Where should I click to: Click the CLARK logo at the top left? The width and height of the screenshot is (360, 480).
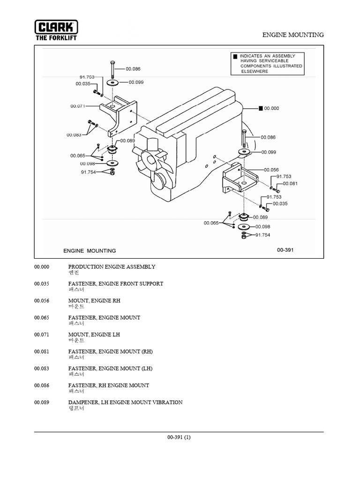(56, 26)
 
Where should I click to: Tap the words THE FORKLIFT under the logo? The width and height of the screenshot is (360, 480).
(56, 37)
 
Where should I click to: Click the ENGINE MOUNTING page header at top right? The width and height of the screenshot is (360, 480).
(293, 35)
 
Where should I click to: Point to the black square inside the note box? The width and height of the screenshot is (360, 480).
(235, 57)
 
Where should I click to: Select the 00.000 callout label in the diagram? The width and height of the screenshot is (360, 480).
(271, 108)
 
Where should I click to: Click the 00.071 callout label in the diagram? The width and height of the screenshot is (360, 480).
(78, 106)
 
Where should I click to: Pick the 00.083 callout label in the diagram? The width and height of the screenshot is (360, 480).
(74, 135)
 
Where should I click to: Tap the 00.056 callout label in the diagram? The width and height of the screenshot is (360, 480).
(271, 170)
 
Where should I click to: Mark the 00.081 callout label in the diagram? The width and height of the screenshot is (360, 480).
(291, 183)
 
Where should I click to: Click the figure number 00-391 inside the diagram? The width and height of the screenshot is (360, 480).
(285, 250)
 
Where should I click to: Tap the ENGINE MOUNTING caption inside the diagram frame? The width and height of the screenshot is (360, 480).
(90, 251)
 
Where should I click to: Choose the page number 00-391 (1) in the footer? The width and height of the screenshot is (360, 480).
(179, 437)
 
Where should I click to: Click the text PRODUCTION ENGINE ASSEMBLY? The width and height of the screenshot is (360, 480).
(112, 267)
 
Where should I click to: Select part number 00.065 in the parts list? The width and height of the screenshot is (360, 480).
(41, 317)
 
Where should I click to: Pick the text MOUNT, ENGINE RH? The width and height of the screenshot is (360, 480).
(94, 300)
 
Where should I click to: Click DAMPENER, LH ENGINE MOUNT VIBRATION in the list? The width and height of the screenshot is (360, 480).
(125, 402)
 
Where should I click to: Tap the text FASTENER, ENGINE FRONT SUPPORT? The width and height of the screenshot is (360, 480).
(116, 284)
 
